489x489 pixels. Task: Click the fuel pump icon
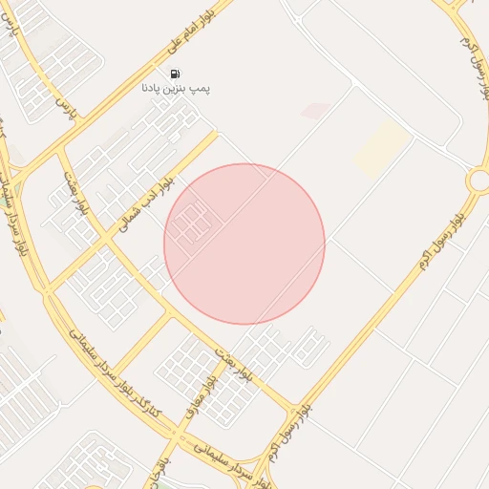(x=175, y=74)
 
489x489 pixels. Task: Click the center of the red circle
(x=244, y=244)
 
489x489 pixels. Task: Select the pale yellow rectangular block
(x=382, y=148)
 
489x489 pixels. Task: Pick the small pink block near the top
(x=315, y=112)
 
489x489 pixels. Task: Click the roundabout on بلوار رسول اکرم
(x=479, y=180)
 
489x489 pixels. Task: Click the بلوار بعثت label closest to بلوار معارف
(x=234, y=359)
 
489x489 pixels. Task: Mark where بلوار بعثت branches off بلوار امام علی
(x=59, y=148)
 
